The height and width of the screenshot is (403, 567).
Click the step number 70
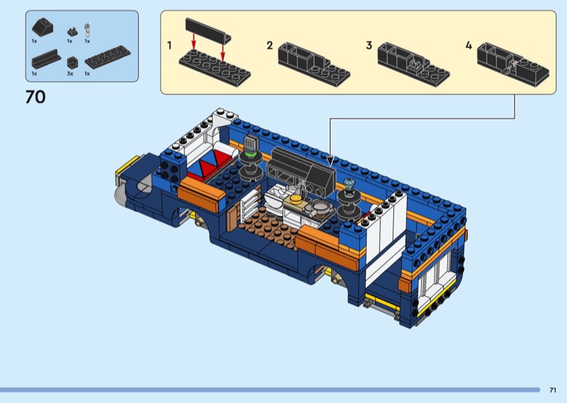pyautogui.click(x=35, y=97)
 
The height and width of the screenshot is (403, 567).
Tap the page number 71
pyautogui.click(x=553, y=390)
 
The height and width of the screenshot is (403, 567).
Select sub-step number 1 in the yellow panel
pyautogui.click(x=169, y=45)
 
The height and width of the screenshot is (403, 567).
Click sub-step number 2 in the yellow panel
pyautogui.click(x=269, y=45)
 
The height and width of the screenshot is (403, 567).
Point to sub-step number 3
pyautogui.click(x=369, y=45)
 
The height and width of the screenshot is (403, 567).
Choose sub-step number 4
pyautogui.click(x=468, y=45)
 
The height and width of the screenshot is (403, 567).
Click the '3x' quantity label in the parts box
pyautogui.click(x=69, y=74)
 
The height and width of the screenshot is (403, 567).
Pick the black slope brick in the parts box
pyautogui.click(x=43, y=27)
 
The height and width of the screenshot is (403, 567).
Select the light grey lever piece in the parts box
pyautogui.click(x=87, y=31)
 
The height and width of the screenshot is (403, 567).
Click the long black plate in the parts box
pyautogui.click(x=108, y=57)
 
